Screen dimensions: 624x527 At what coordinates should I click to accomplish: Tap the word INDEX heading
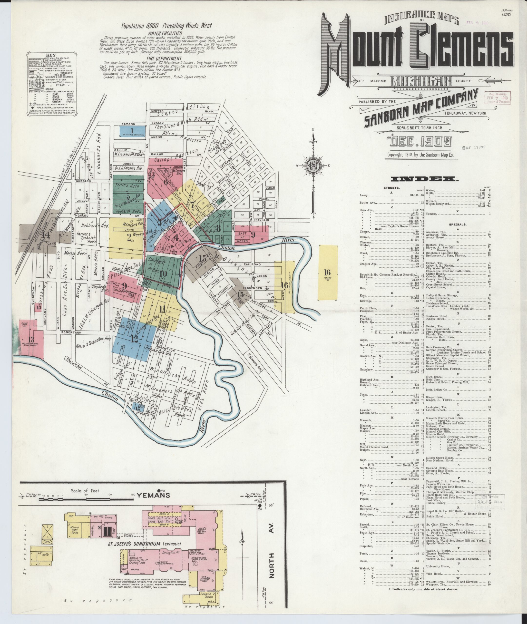(x=424, y=179)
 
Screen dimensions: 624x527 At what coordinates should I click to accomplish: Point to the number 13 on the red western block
(x=31, y=339)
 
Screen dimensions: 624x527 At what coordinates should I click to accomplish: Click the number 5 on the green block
(x=128, y=196)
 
